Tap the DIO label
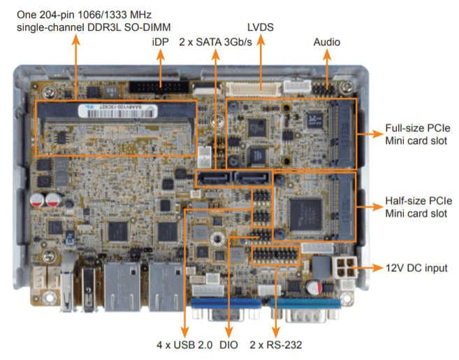pyautogui.click(x=228, y=344)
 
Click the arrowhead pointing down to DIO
pyautogui.click(x=228, y=329)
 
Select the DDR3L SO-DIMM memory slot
pyautogui.click(x=116, y=127)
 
